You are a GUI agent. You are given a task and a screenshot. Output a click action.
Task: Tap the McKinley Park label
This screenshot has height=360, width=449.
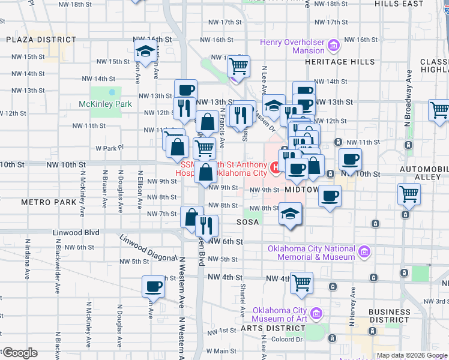(105, 104)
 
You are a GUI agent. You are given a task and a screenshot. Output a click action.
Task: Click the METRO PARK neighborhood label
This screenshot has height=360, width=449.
(49, 202)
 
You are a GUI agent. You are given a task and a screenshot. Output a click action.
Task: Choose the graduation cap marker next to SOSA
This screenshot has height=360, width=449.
(290, 214)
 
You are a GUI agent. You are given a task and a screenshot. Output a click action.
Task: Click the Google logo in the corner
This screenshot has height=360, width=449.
(19, 353)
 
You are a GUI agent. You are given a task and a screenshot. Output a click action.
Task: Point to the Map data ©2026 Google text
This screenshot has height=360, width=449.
(411, 355)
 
